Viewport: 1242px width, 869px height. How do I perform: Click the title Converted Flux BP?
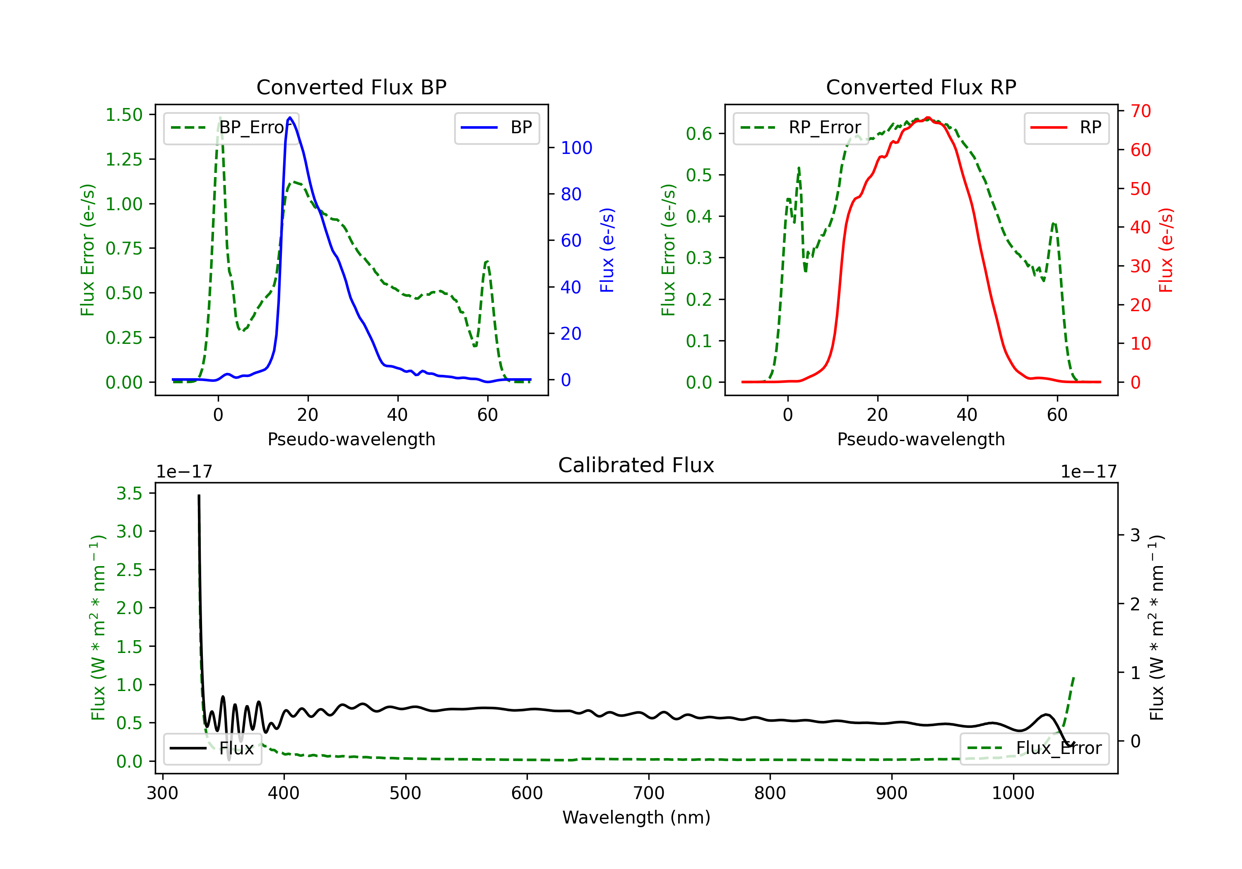click(x=351, y=87)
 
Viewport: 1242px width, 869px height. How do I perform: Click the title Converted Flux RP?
click(x=921, y=87)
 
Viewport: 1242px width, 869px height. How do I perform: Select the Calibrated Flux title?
click(x=636, y=465)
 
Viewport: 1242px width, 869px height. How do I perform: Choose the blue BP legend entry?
click(x=496, y=127)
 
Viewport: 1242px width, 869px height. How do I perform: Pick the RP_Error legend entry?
click(x=801, y=127)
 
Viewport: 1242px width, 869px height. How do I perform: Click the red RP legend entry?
click(x=1066, y=127)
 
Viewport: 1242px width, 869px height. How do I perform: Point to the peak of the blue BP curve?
click(x=290, y=118)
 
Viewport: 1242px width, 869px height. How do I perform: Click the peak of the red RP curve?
click(x=928, y=118)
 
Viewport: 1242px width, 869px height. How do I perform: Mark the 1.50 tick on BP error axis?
click(x=124, y=115)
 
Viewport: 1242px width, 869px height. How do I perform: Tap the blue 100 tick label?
click(x=577, y=148)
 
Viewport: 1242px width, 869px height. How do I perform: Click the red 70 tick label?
click(x=1141, y=111)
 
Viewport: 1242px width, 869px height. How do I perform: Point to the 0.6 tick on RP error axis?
click(x=699, y=134)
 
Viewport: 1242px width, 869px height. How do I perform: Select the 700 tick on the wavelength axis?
click(x=649, y=793)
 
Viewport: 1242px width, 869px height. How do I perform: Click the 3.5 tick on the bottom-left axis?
click(x=129, y=493)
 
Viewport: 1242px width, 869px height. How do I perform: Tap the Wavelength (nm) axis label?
click(x=636, y=818)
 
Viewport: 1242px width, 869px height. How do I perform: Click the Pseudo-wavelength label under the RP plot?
click(x=921, y=439)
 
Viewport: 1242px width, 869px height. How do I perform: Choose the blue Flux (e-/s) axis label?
click(x=607, y=250)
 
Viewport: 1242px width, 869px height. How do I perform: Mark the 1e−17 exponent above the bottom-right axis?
click(x=1089, y=472)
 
